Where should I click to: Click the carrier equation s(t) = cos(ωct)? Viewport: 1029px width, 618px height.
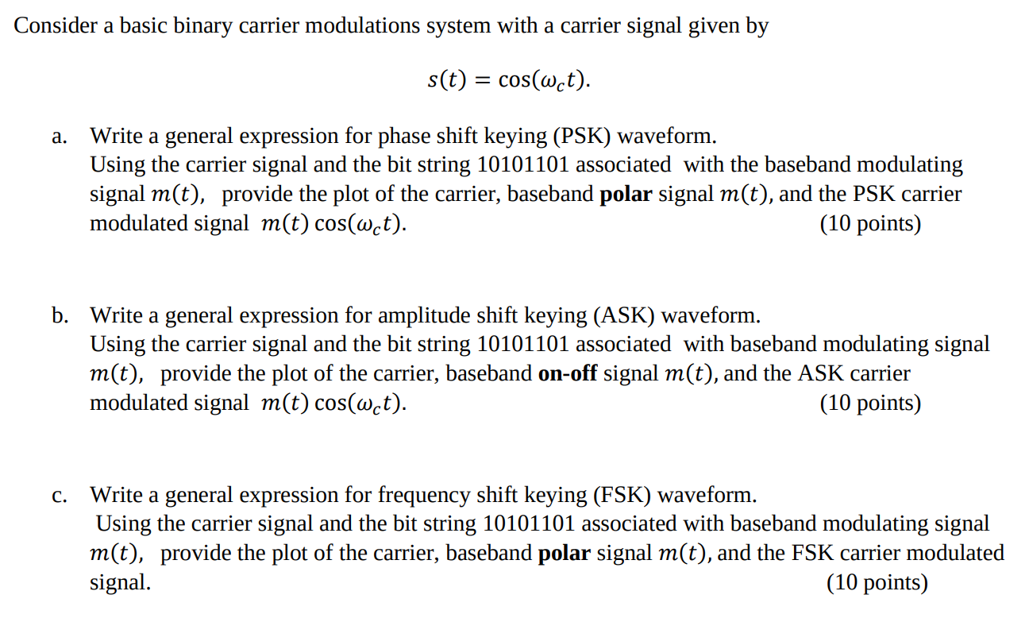click(x=509, y=80)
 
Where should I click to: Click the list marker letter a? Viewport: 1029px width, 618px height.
click(x=58, y=137)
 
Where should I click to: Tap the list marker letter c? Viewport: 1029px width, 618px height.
click(x=59, y=496)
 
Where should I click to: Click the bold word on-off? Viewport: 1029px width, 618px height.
click(x=568, y=373)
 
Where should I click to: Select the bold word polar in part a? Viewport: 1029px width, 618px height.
click(x=626, y=194)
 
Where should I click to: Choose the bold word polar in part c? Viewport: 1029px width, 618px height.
click(x=565, y=553)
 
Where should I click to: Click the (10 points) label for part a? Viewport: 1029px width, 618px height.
click(x=870, y=224)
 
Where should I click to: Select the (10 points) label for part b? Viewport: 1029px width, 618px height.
click(x=870, y=404)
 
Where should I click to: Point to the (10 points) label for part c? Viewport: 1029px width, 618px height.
click(x=877, y=583)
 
